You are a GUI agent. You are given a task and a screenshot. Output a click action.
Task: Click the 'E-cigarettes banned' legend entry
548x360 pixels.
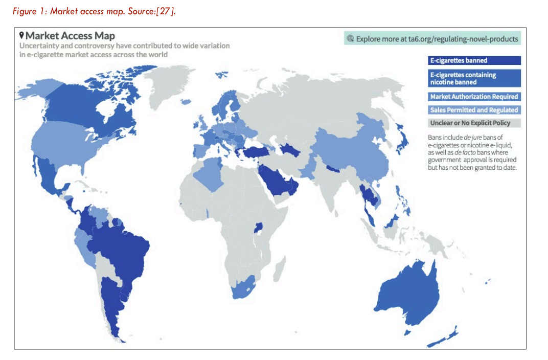474,60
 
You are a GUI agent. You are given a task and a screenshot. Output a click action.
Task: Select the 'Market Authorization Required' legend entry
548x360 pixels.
474,97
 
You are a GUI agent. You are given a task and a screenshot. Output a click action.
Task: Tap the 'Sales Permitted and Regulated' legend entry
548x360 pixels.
474,110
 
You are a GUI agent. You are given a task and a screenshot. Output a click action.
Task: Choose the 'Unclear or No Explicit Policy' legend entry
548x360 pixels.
474,123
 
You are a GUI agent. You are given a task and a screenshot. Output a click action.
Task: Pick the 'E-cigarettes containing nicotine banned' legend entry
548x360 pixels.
474,78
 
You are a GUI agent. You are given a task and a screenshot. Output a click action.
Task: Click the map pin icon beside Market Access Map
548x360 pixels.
21,36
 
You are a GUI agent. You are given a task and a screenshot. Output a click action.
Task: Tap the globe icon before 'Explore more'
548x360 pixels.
350,38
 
